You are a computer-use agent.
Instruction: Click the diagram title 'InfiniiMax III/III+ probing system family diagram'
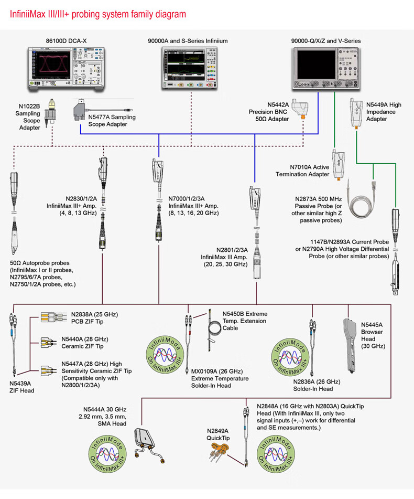[98, 14]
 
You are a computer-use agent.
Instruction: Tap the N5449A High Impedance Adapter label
[384, 112]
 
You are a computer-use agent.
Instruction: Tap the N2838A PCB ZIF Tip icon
[51, 318]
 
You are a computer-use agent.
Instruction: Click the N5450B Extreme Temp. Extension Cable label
[244, 321]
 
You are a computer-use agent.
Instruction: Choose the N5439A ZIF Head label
[22, 386]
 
